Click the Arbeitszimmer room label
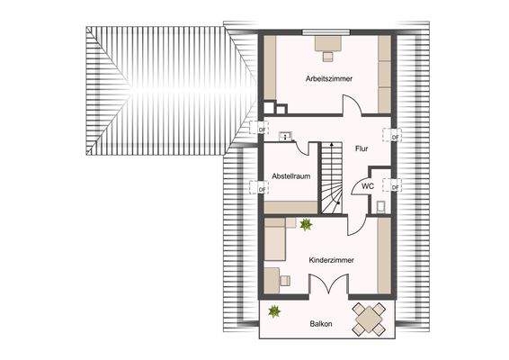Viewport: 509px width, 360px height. (328, 79)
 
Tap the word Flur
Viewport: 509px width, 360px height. (362, 148)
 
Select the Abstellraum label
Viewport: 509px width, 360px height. (292, 176)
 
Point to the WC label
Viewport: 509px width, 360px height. (367, 186)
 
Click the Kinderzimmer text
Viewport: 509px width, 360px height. (331, 259)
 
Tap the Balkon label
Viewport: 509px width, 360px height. (322, 324)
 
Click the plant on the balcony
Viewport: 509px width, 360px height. (274, 312)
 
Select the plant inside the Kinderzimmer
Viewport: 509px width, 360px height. (306, 224)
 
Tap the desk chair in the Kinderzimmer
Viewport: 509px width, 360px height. (286, 279)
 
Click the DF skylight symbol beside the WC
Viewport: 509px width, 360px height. (395, 186)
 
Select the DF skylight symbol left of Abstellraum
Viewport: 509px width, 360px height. (263, 189)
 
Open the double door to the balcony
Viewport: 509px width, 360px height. (328, 284)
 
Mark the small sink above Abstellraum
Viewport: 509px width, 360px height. (285, 138)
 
